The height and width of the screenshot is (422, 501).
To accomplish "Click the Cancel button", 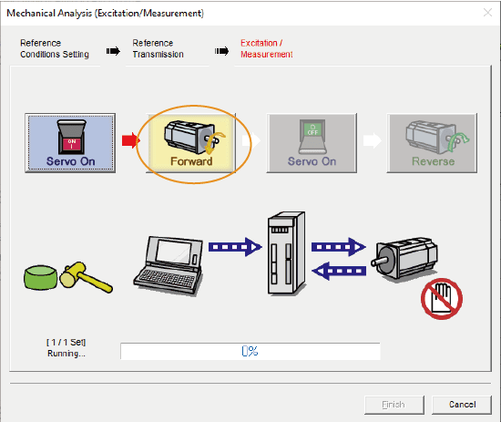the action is tap(462, 405).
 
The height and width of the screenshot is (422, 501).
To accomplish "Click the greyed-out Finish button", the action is tap(394, 405).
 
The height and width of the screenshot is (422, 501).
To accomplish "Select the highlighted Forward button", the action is tap(191, 143).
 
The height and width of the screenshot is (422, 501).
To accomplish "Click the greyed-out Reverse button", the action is tap(432, 143).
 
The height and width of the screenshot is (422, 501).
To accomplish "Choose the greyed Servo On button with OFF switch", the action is tap(312, 143).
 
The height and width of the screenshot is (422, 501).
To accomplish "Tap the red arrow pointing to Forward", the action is tap(130, 140).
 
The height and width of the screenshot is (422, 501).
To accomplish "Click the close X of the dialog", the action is tap(487, 13).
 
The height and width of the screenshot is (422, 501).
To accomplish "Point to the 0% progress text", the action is tap(250, 351).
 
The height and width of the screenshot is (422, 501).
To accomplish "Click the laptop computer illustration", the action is tap(169, 266).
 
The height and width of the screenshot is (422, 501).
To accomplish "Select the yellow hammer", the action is tap(86, 277).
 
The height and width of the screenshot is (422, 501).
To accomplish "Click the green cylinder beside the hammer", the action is tap(41, 277).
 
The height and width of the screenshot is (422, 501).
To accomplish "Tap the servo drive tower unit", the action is tap(286, 253).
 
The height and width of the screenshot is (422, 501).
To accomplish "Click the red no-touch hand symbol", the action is tap(442, 299).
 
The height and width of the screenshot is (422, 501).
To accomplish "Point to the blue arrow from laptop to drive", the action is tap(235, 247).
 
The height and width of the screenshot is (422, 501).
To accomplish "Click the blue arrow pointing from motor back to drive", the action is tap(339, 271).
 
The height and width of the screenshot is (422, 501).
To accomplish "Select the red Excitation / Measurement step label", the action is tap(267, 48).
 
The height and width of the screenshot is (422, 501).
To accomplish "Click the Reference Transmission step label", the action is tap(158, 48).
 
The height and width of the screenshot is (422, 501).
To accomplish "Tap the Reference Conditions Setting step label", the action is tap(55, 48).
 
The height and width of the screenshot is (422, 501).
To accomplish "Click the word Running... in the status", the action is tap(66, 354).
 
